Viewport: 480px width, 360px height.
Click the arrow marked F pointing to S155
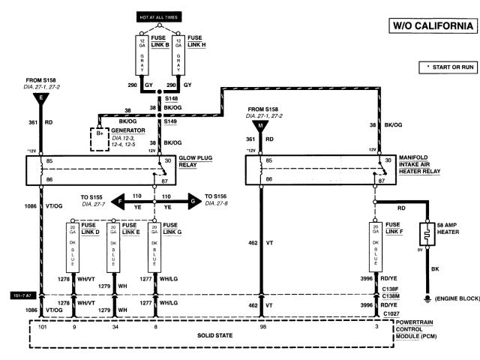pyautogui.click(x=118, y=200)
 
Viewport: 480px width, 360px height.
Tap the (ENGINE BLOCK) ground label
pyautogui.click(x=456, y=298)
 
